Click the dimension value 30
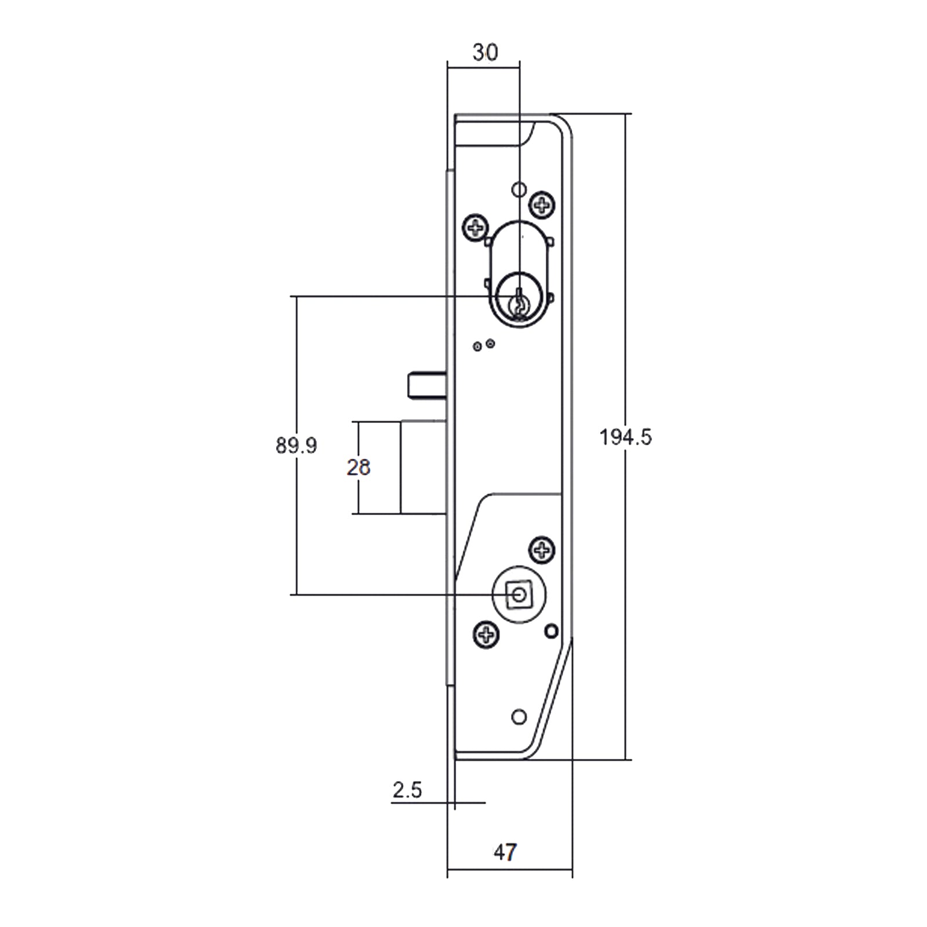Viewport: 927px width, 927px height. pyautogui.click(x=485, y=53)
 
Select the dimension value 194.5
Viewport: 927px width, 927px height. pyautogui.click(x=625, y=437)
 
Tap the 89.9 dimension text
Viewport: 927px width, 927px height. pyautogui.click(x=296, y=446)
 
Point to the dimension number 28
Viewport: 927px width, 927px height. pyautogui.click(x=358, y=468)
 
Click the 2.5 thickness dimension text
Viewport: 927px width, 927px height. pyautogui.click(x=407, y=790)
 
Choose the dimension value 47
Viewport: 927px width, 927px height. pyautogui.click(x=505, y=852)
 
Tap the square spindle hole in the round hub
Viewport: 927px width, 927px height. pyautogui.click(x=519, y=595)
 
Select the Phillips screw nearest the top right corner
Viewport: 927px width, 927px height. pyautogui.click(x=542, y=204)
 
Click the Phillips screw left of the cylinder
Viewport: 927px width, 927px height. pyautogui.click(x=476, y=228)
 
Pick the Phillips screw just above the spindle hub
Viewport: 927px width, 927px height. pyautogui.click(x=542, y=550)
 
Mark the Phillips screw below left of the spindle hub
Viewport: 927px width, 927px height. pyautogui.click(x=486, y=635)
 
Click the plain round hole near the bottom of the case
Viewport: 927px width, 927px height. pyautogui.click(x=519, y=717)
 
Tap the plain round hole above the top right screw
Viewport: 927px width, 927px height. pyautogui.click(x=519, y=189)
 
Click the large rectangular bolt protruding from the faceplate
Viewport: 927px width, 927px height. pyautogui.click(x=423, y=467)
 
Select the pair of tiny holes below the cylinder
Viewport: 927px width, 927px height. pyautogui.click(x=484, y=345)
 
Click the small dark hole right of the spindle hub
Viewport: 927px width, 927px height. pyautogui.click(x=552, y=631)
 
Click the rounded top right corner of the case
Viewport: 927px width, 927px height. pyautogui.click(x=564, y=125)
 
